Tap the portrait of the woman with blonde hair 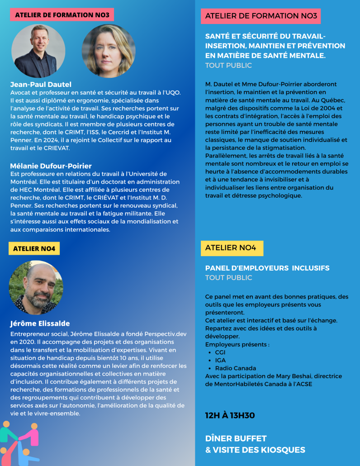click(109, 51)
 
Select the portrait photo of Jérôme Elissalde click(36, 288)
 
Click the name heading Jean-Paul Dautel click(41, 84)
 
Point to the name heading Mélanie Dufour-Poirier click(51, 166)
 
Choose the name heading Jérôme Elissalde click(40, 323)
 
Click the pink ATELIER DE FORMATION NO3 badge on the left click(62, 15)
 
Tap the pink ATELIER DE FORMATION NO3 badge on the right click(261, 16)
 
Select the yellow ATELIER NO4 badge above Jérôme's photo click(34, 248)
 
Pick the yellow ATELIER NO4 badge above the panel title click(232, 248)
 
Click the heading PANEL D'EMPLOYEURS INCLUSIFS click(267, 268)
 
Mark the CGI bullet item click(220, 352)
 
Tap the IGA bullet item click(220, 360)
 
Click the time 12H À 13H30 click(230, 415)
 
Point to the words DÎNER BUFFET click(236, 438)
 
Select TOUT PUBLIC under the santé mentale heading click(228, 66)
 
